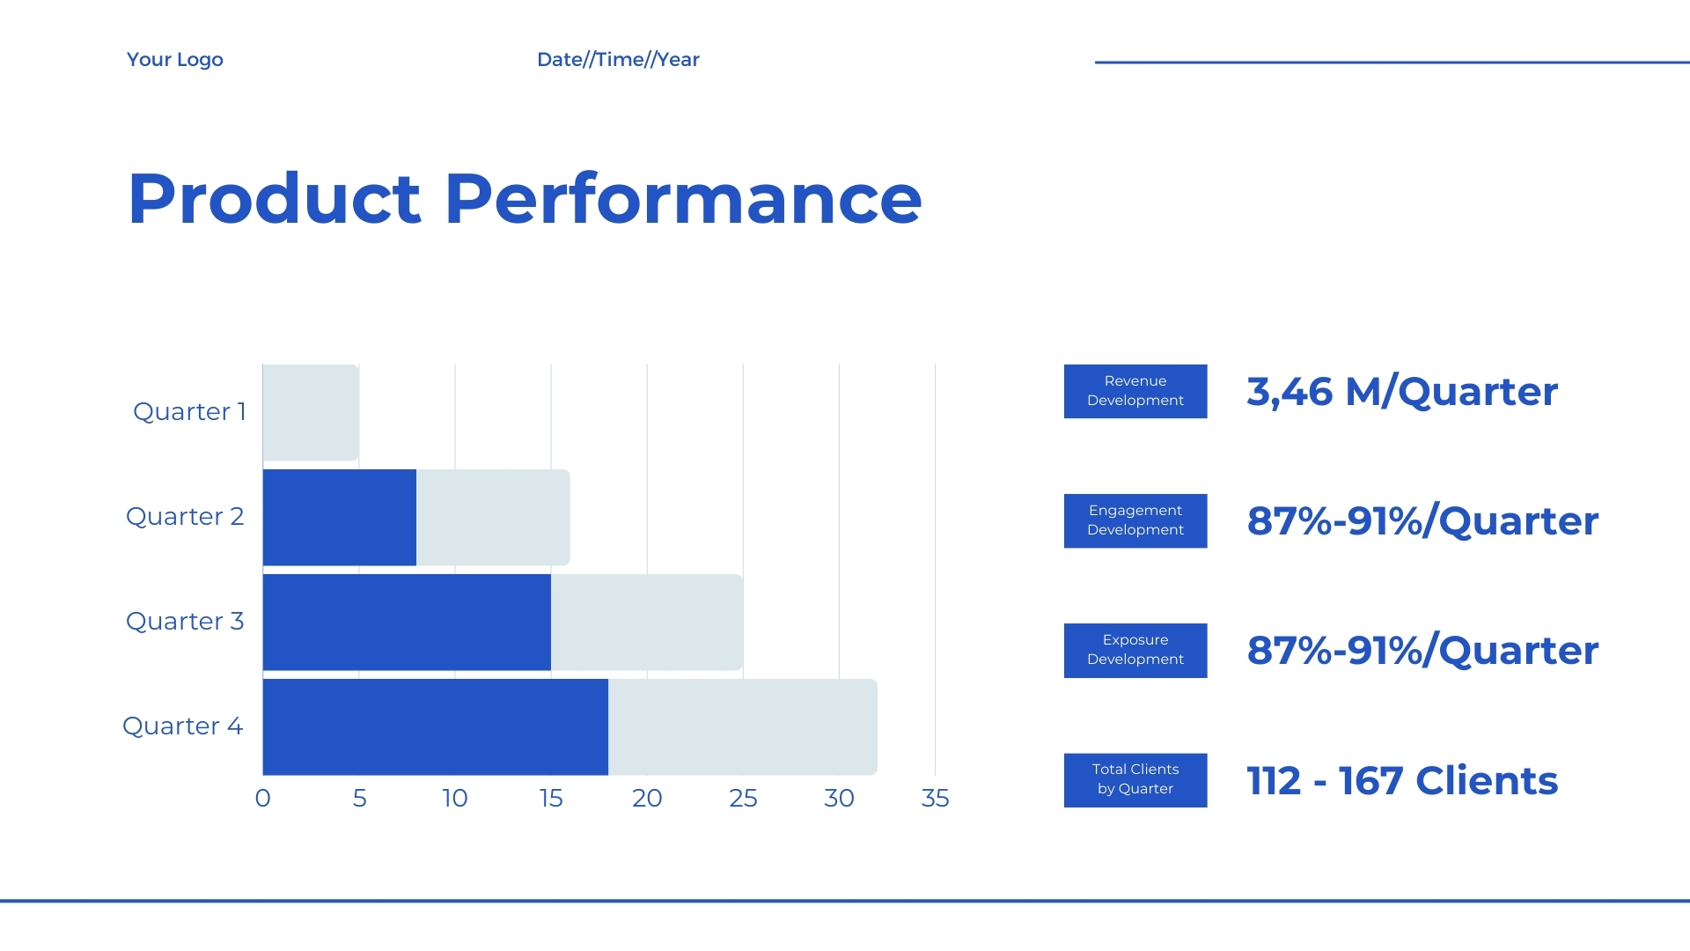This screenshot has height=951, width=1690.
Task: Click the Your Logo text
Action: click(175, 60)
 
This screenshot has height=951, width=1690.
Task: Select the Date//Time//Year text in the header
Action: click(618, 60)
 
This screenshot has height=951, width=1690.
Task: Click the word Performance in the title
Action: click(683, 199)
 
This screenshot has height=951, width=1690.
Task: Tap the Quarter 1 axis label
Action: click(189, 411)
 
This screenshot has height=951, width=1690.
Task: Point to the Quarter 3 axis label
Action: click(185, 621)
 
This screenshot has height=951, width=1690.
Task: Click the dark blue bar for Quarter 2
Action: click(340, 517)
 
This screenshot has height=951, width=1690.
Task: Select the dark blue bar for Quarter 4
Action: click(436, 726)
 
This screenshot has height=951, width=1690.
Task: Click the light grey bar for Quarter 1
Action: click(311, 412)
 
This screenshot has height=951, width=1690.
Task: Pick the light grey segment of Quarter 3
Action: click(647, 622)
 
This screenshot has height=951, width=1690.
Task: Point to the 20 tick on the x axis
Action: click(647, 798)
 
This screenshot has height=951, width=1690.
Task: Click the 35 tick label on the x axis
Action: click(935, 798)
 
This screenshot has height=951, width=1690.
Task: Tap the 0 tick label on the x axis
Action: click(262, 798)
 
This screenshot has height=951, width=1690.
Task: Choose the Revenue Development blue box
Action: click(1135, 391)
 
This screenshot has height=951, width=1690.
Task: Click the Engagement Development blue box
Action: click(1135, 520)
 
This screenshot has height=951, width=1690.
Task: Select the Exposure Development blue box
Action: click(1135, 651)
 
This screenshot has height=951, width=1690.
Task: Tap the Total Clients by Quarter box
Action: click(1135, 780)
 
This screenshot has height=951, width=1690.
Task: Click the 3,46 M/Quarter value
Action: click(1402, 392)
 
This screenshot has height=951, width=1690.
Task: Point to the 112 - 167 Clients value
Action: click(1402, 781)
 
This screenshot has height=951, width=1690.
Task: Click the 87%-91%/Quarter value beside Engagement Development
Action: click(1422, 521)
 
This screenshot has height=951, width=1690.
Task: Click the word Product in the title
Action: click(275, 199)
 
